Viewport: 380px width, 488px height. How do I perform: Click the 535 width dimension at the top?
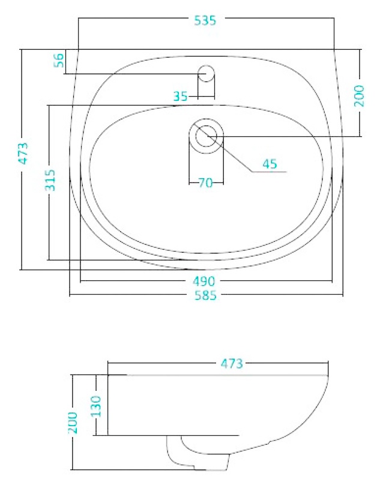pos(205,20)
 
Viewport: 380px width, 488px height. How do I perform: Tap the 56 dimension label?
pos(59,60)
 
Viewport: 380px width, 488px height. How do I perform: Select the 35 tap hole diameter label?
pos(181,96)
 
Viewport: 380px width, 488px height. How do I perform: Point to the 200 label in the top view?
pos(359,96)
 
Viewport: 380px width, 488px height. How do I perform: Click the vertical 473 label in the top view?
pos(23,153)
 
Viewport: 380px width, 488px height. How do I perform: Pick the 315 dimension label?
pos(50,180)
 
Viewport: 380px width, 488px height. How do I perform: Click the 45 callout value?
pos(270,164)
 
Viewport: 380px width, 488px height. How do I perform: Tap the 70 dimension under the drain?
pos(205,182)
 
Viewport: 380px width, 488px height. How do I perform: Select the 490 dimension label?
pos(204,282)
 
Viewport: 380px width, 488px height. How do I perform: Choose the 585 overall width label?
pos(205,295)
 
